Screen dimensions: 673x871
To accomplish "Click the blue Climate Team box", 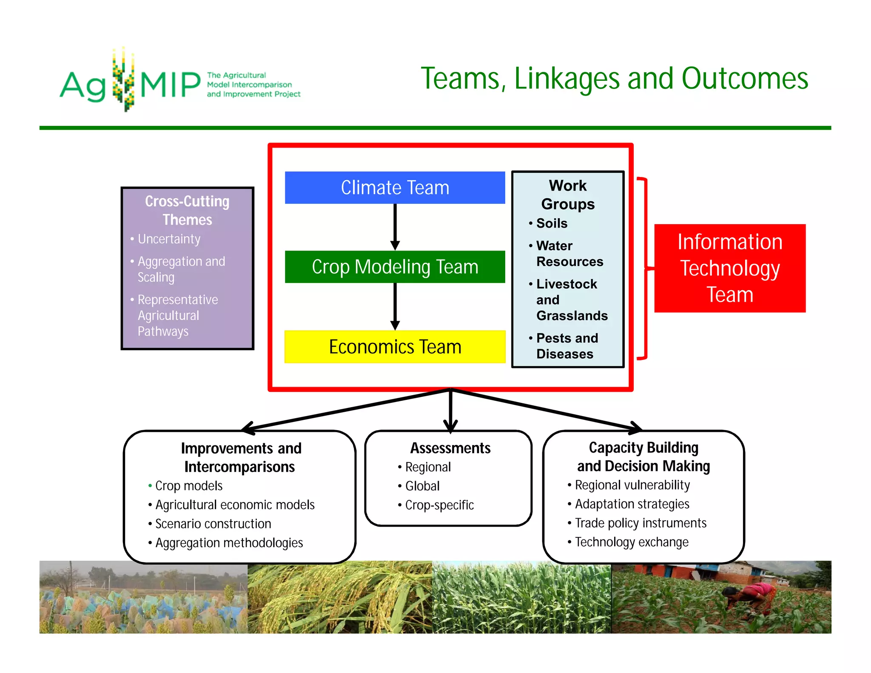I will (x=395, y=188).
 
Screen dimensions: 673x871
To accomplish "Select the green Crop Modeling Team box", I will (x=395, y=267).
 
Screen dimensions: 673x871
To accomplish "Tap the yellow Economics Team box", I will (x=395, y=347).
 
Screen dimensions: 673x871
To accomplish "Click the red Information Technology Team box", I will (x=729, y=268).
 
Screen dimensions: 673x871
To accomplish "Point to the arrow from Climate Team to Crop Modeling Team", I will (x=395, y=227).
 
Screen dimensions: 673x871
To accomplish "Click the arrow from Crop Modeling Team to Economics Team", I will (x=395, y=306).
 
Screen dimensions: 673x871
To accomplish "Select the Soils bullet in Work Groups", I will (x=552, y=223).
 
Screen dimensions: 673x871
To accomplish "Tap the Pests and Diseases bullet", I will (x=566, y=346).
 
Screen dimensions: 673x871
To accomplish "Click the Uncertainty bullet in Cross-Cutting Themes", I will (x=169, y=239).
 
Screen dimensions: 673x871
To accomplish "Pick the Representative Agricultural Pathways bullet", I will (x=177, y=315).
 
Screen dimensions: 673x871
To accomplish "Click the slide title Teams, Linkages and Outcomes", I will (x=614, y=79).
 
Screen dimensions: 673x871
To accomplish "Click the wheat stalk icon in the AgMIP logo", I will (x=123, y=80).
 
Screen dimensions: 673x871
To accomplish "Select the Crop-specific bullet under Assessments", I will (x=439, y=505).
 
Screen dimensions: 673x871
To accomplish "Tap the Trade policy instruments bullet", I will (x=640, y=523).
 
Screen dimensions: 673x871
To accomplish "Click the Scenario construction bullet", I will (x=213, y=524).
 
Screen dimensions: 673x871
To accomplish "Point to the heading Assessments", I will (x=450, y=448).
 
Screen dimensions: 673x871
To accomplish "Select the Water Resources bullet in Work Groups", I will (x=569, y=254).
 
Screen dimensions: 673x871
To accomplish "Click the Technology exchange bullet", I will (x=631, y=542).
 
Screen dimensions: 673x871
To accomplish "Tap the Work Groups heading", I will (x=567, y=195).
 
